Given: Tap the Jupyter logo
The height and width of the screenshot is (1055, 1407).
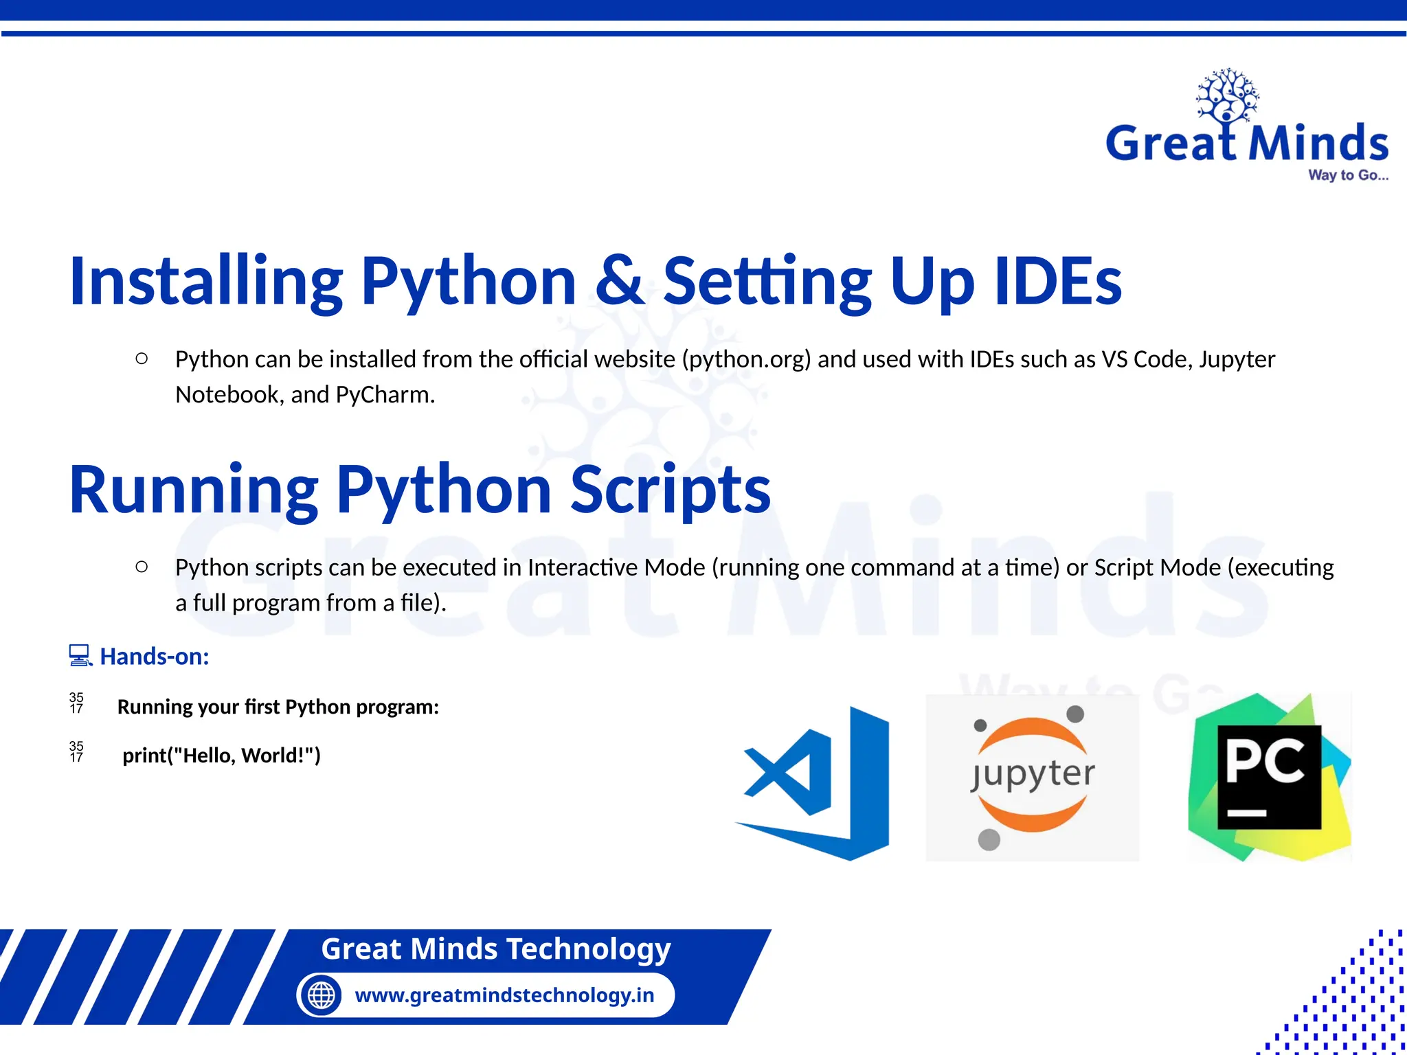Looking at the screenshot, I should click(x=1032, y=777).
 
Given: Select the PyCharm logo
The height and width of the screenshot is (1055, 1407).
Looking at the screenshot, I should click(x=1270, y=777).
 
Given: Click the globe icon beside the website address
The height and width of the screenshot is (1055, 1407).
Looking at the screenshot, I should click(x=321, y=995).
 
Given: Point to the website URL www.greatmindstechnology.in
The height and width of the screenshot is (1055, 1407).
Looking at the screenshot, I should click(x=504, y=995).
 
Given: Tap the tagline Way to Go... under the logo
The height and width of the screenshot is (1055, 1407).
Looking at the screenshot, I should click(x=1348, y=175).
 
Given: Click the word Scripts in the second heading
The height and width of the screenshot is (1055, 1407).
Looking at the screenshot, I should click(x=671, y=489).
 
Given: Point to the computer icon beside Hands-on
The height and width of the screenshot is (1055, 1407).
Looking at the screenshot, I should click(x=80, y=656).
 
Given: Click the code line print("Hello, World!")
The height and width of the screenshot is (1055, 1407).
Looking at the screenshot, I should click(x=221, y=756).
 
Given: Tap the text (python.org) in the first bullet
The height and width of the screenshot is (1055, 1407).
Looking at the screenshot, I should click(x=747, y=359).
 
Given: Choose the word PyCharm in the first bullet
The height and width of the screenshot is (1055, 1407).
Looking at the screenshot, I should click(x=385, y=395).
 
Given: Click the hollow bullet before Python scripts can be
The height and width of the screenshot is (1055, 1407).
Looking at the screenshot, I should click(x=142, y=567).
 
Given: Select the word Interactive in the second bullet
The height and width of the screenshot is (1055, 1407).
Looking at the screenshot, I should click(x=582, y=567).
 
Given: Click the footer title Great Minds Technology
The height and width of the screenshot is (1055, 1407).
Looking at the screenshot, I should click(x=496, y=949).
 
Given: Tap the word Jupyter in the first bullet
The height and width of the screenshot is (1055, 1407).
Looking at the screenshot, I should click(x=1237, y=359).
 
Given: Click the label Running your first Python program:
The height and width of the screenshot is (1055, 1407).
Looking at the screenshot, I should click(x=278, y=707).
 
